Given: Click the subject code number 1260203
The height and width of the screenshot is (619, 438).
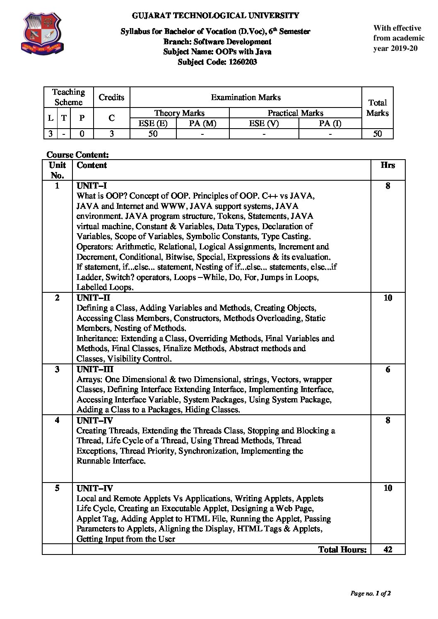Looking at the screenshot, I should point(243,62).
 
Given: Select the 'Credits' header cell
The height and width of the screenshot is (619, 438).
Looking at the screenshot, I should point(111,97).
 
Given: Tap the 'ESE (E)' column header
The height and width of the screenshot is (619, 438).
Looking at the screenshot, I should point(153,123).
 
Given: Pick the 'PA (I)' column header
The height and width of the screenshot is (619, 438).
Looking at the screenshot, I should point(330,123).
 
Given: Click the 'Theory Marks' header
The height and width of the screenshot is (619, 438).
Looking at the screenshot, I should point(179,113).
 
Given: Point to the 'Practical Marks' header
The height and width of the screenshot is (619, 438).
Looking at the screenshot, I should point(295,113).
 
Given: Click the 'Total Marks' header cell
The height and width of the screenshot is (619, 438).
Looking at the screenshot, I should point(377,108).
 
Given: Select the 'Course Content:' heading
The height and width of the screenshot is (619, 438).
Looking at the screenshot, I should point(77,155).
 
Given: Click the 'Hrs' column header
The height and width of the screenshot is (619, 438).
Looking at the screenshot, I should point(387,165).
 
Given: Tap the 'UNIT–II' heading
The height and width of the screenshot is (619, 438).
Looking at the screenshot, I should point(93,298).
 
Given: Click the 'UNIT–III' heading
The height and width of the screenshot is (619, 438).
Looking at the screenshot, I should point(95,369).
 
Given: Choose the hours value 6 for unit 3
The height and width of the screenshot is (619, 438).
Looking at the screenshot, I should point(387,369).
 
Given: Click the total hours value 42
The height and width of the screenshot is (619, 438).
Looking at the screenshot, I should point(387,549).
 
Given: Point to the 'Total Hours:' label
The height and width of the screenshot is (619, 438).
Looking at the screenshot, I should point(342,549).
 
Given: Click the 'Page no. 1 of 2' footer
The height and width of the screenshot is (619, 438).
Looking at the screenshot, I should point(371,593).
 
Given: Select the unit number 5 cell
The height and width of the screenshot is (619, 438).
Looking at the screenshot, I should point(57,488).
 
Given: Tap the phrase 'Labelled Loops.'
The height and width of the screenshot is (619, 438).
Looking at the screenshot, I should point(105,287).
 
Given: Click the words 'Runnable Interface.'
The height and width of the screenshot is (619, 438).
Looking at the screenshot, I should point(111,461).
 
